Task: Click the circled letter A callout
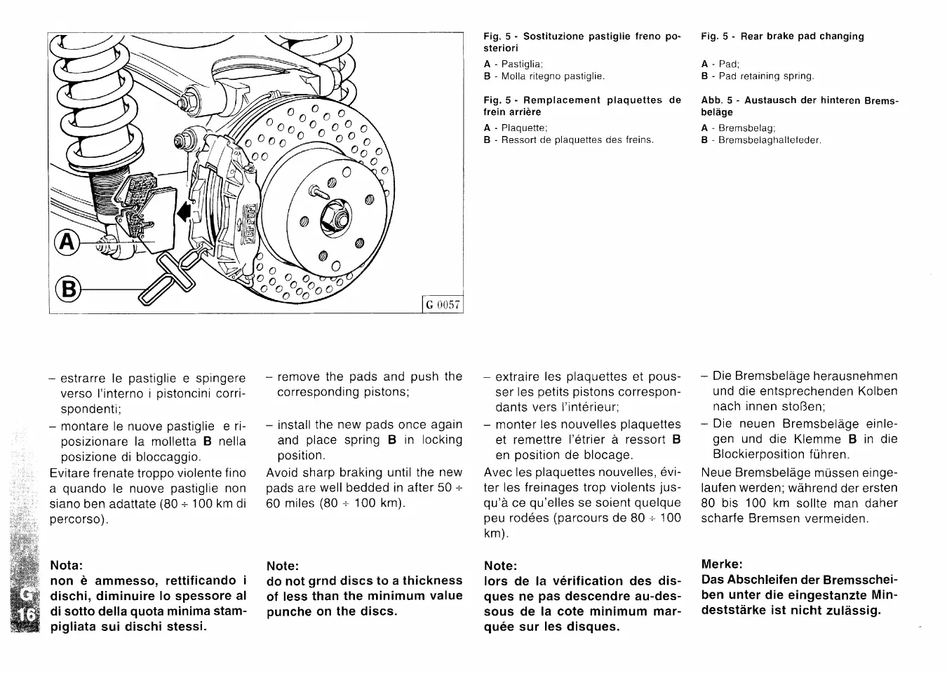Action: click(67, 242)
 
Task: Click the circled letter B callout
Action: click(69, 288)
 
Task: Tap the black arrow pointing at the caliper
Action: click(184, 210)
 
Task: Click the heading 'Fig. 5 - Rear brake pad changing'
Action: click(782, 36)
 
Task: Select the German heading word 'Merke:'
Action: click(721, 564)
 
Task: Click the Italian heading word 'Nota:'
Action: click(67, 565)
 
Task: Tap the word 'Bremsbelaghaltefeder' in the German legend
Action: click(770, 140)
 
